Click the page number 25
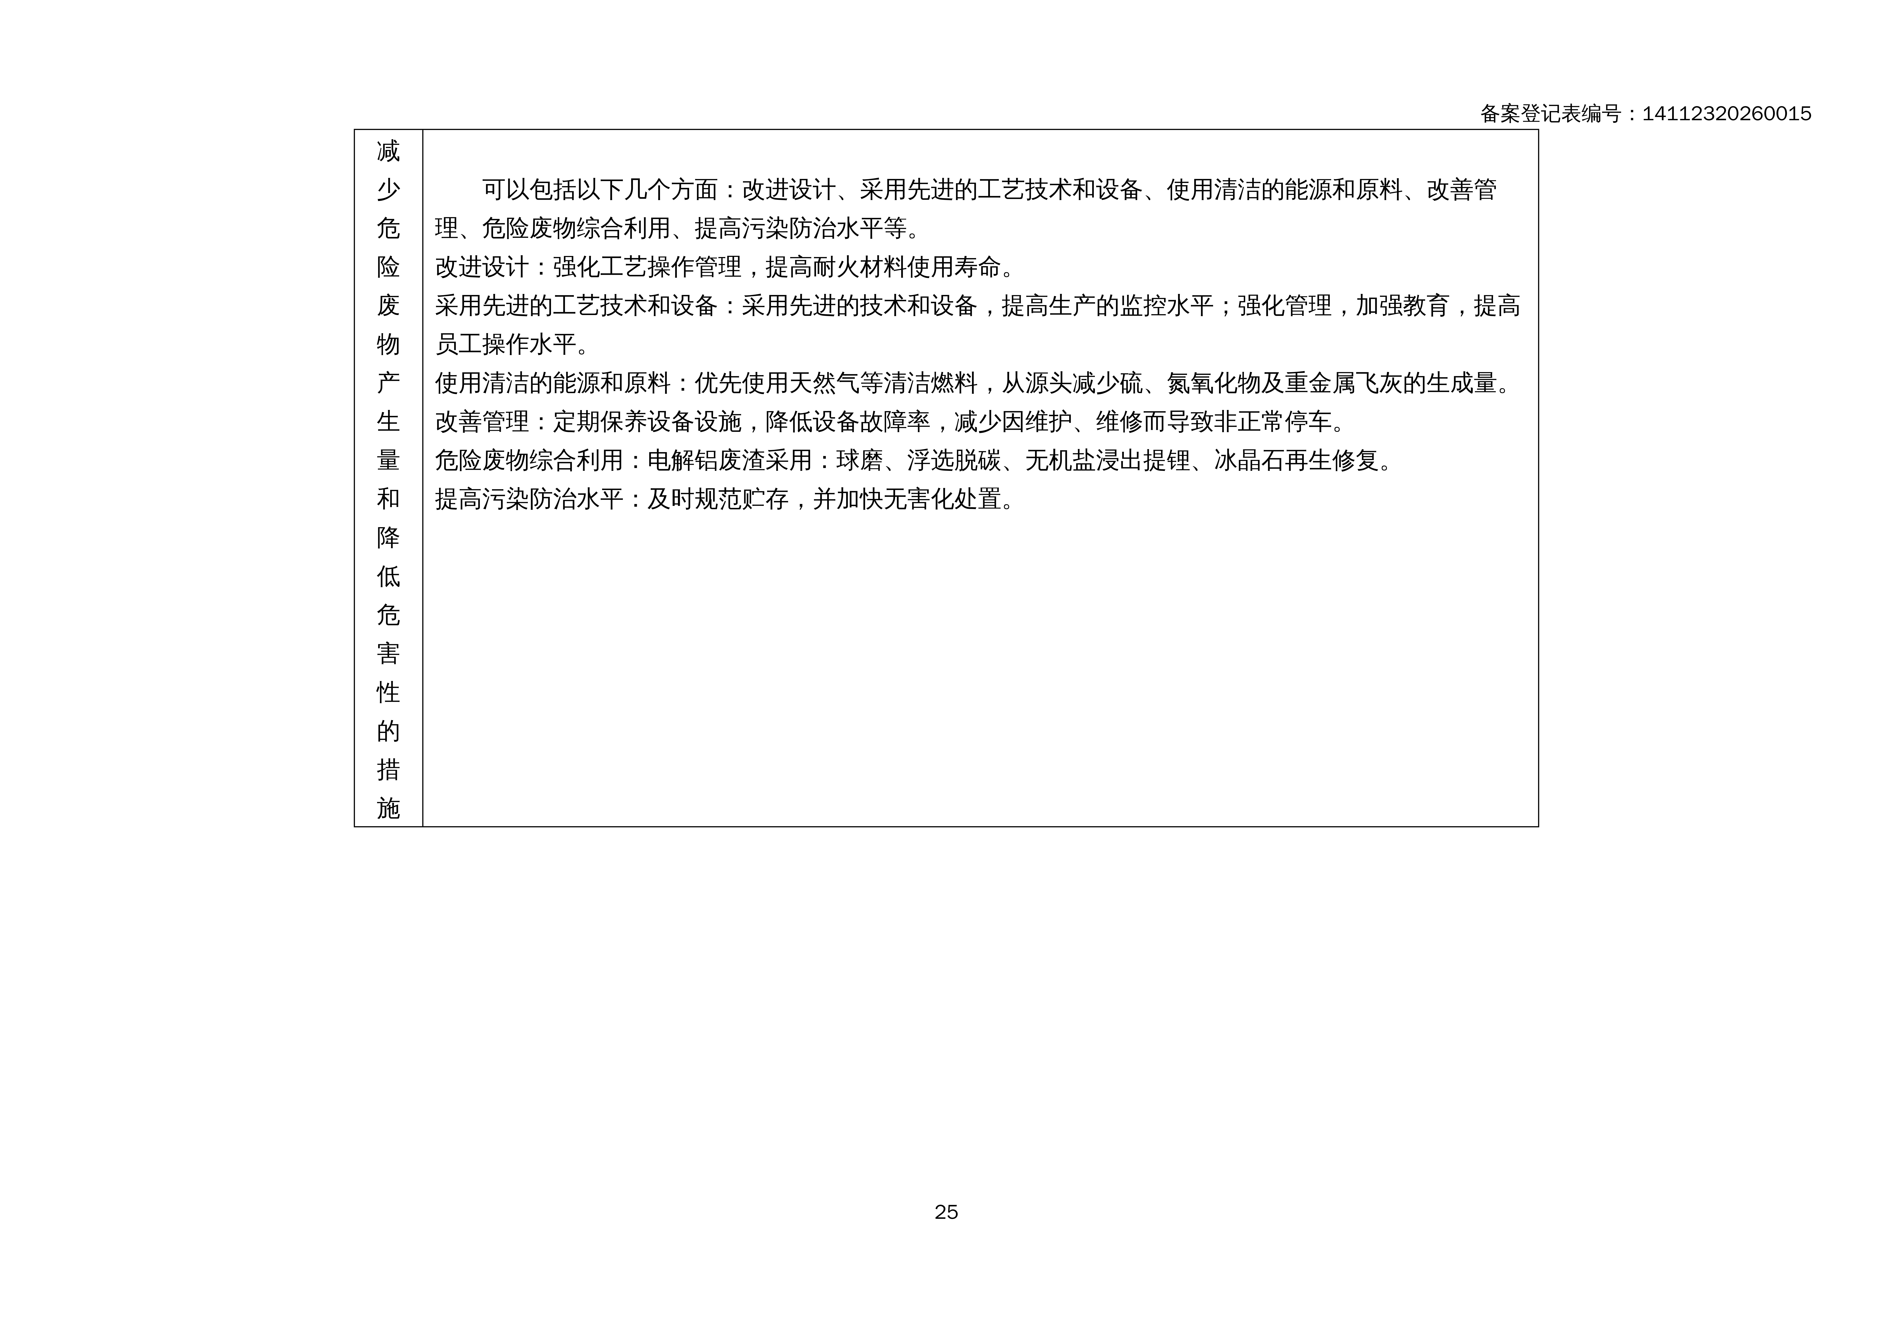[946, 1212]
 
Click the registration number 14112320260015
[1726, 114]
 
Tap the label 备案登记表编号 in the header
[1550, 114]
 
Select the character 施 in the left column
[388, 808]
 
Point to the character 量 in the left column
[388, 460]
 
